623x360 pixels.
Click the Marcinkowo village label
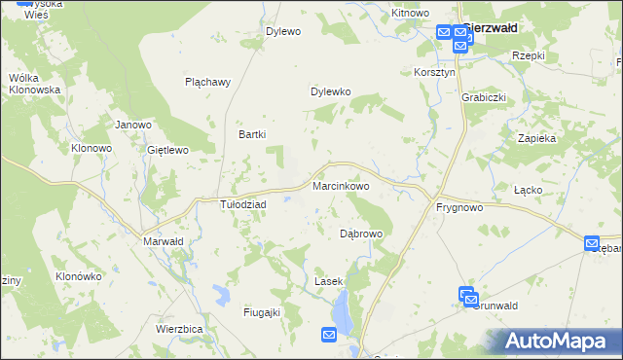[x=341, y=185]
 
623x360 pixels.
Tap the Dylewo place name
[x=283, y=31]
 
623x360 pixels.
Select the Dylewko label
[x=330, y=92]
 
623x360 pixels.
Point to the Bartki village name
[x=252, y=135]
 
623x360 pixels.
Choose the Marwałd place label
[x=163, y=241]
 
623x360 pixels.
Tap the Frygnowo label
[x=459, y=207]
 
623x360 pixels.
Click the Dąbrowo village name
[x=361, y=234]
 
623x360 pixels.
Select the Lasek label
[x=329, y=281]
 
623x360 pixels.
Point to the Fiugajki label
[x=262, y=311]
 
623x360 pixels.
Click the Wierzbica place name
[x=179, y=329]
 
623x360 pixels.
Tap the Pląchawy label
[x=207, y=82]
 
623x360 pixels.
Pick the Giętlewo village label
[x=166, y=150]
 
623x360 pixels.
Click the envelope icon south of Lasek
[x=329, y=335]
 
